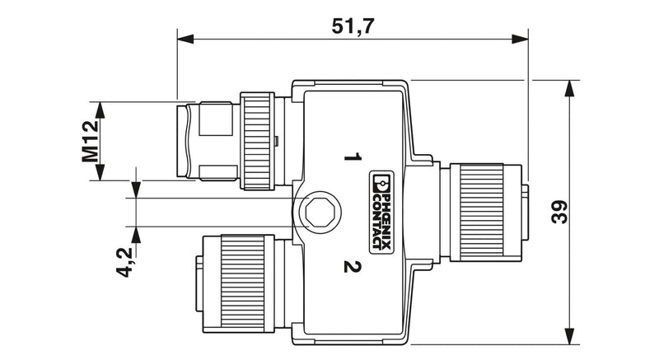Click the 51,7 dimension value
point(353,27)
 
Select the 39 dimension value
point(559,213)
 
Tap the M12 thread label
point(91,141)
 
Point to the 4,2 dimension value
point(124,262)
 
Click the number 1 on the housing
point(353,157)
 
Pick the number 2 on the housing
point(353,267)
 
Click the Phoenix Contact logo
point(381,213)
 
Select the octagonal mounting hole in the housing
point(320,213)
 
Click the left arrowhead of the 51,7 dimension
point(185,39)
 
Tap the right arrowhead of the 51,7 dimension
point(520,39)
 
